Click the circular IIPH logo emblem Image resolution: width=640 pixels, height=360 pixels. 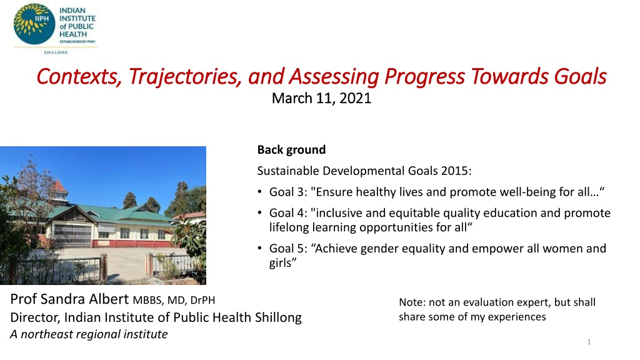34,24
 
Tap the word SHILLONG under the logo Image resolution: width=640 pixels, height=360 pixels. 56,52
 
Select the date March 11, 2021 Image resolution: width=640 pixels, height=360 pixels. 322,98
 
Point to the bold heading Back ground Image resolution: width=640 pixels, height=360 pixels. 291,150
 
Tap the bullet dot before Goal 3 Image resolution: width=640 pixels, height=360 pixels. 259,192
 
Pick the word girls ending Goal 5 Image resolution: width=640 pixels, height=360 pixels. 281,263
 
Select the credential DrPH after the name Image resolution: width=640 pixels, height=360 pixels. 202,301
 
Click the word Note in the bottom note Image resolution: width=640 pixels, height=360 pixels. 412,302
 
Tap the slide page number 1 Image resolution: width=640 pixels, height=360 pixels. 589,342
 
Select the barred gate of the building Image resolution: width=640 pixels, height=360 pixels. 72,236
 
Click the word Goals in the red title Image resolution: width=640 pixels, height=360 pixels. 580,76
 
